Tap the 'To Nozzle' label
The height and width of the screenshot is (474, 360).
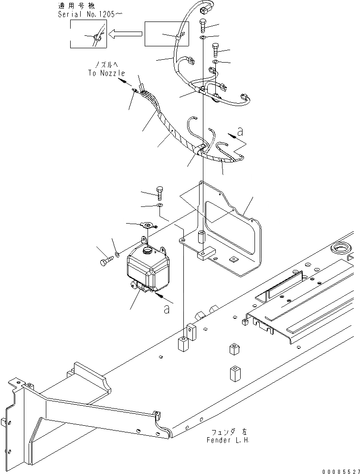coord(106,73)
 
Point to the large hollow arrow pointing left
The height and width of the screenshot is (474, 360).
coord(125,33)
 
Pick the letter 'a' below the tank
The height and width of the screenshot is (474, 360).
coord(166,309)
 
